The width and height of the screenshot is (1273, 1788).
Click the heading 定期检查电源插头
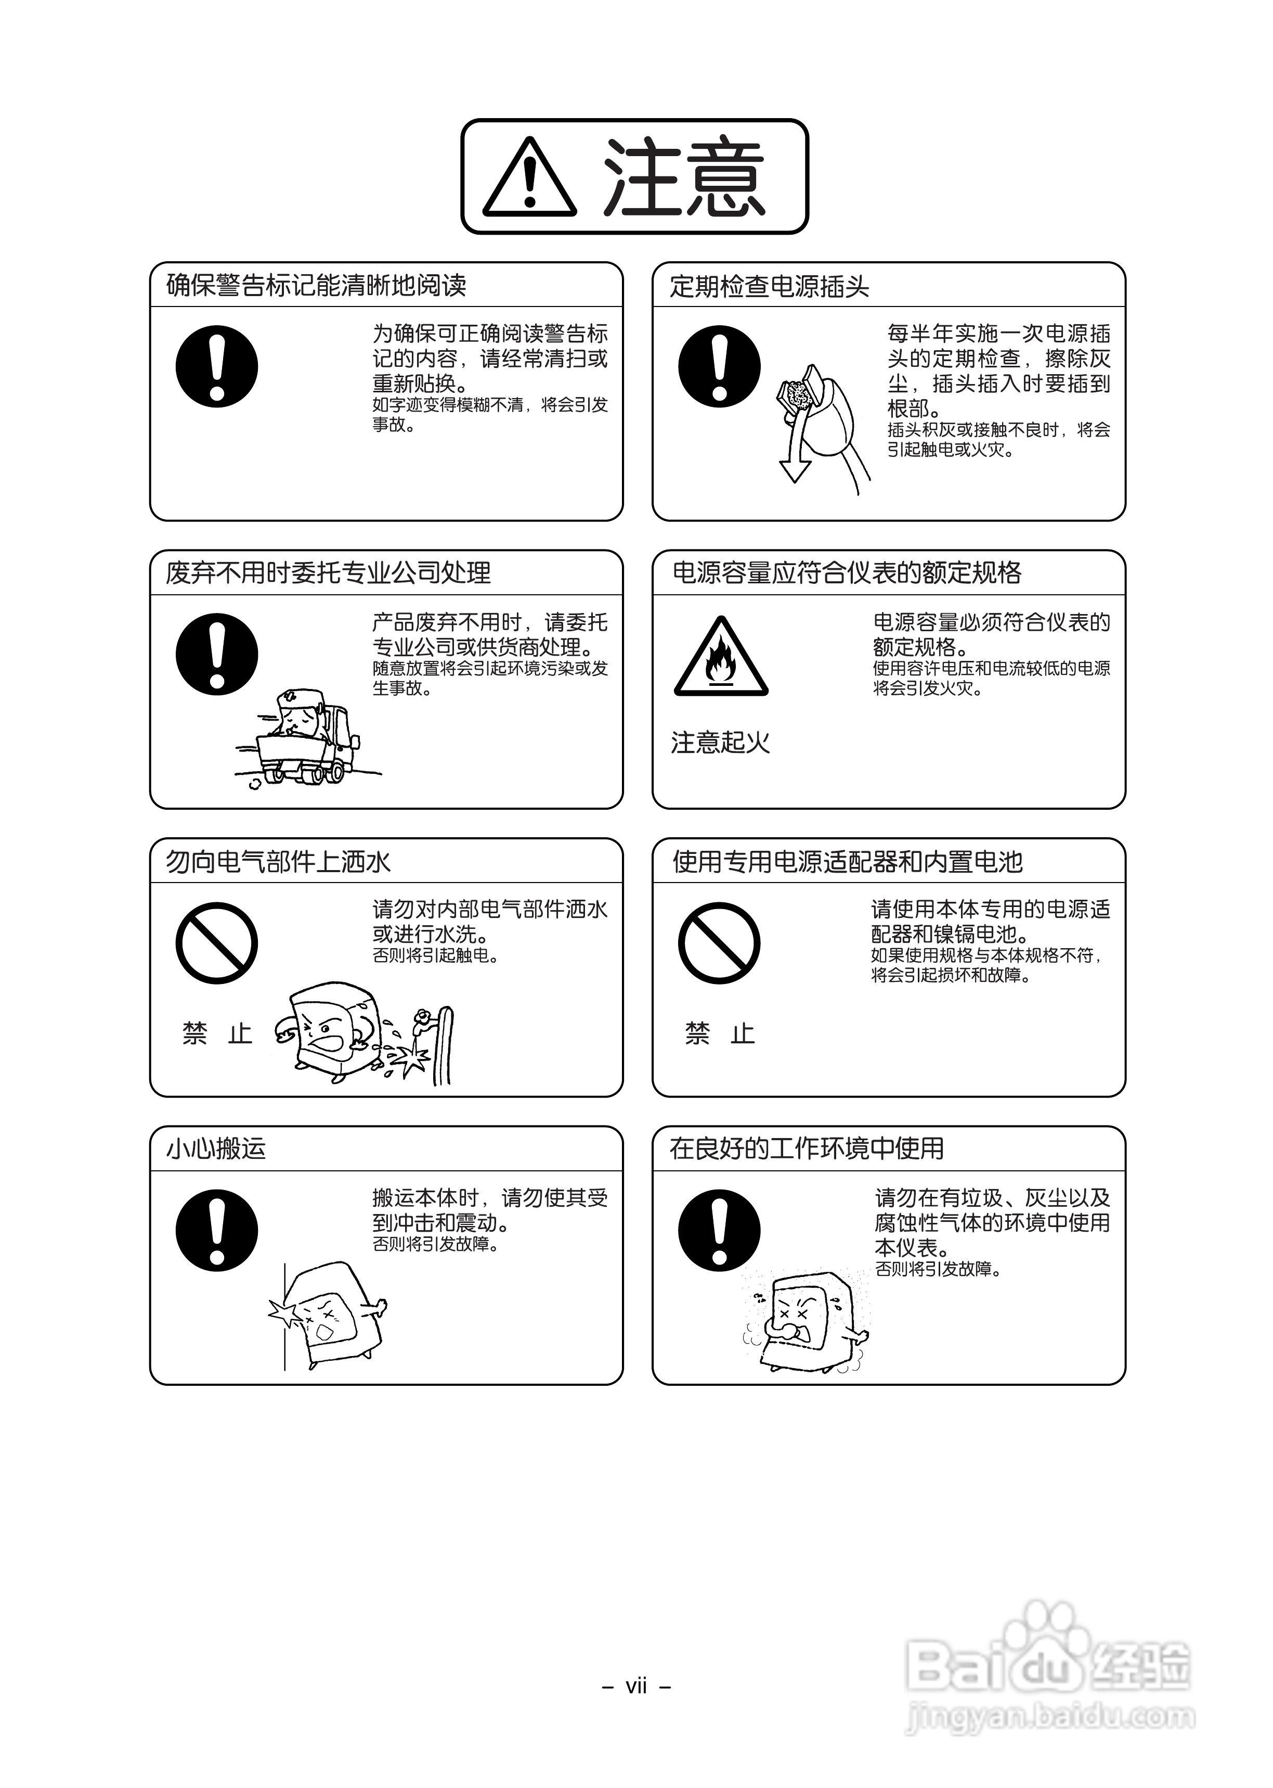click(x=769, y=286)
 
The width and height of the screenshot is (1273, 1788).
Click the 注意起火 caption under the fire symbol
click(x=720, y=743)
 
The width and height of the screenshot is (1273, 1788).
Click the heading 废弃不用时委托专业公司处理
click(x=328, y=573)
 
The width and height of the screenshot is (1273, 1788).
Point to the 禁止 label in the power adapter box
click(x=720, y=1033)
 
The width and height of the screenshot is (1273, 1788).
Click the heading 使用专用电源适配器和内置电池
click(x=847, y=862)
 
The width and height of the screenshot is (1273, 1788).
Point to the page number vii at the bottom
click(x=635, y=1686)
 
